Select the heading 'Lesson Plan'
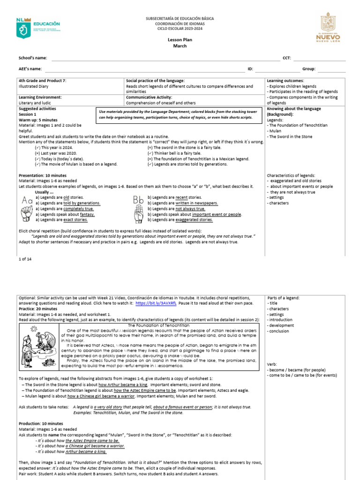click(180, 40)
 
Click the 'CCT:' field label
click(287, 58)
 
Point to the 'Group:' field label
click(309, 69)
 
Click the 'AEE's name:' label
click(30, 69)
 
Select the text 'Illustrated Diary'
click(33, 86)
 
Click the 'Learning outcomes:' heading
click(285, 81)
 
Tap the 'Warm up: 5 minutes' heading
click(38, 120)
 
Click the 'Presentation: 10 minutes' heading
click(43, 175)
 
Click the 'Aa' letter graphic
click(26, 201)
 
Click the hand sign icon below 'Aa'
click(26, 214)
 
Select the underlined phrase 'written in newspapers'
click(196, 203)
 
